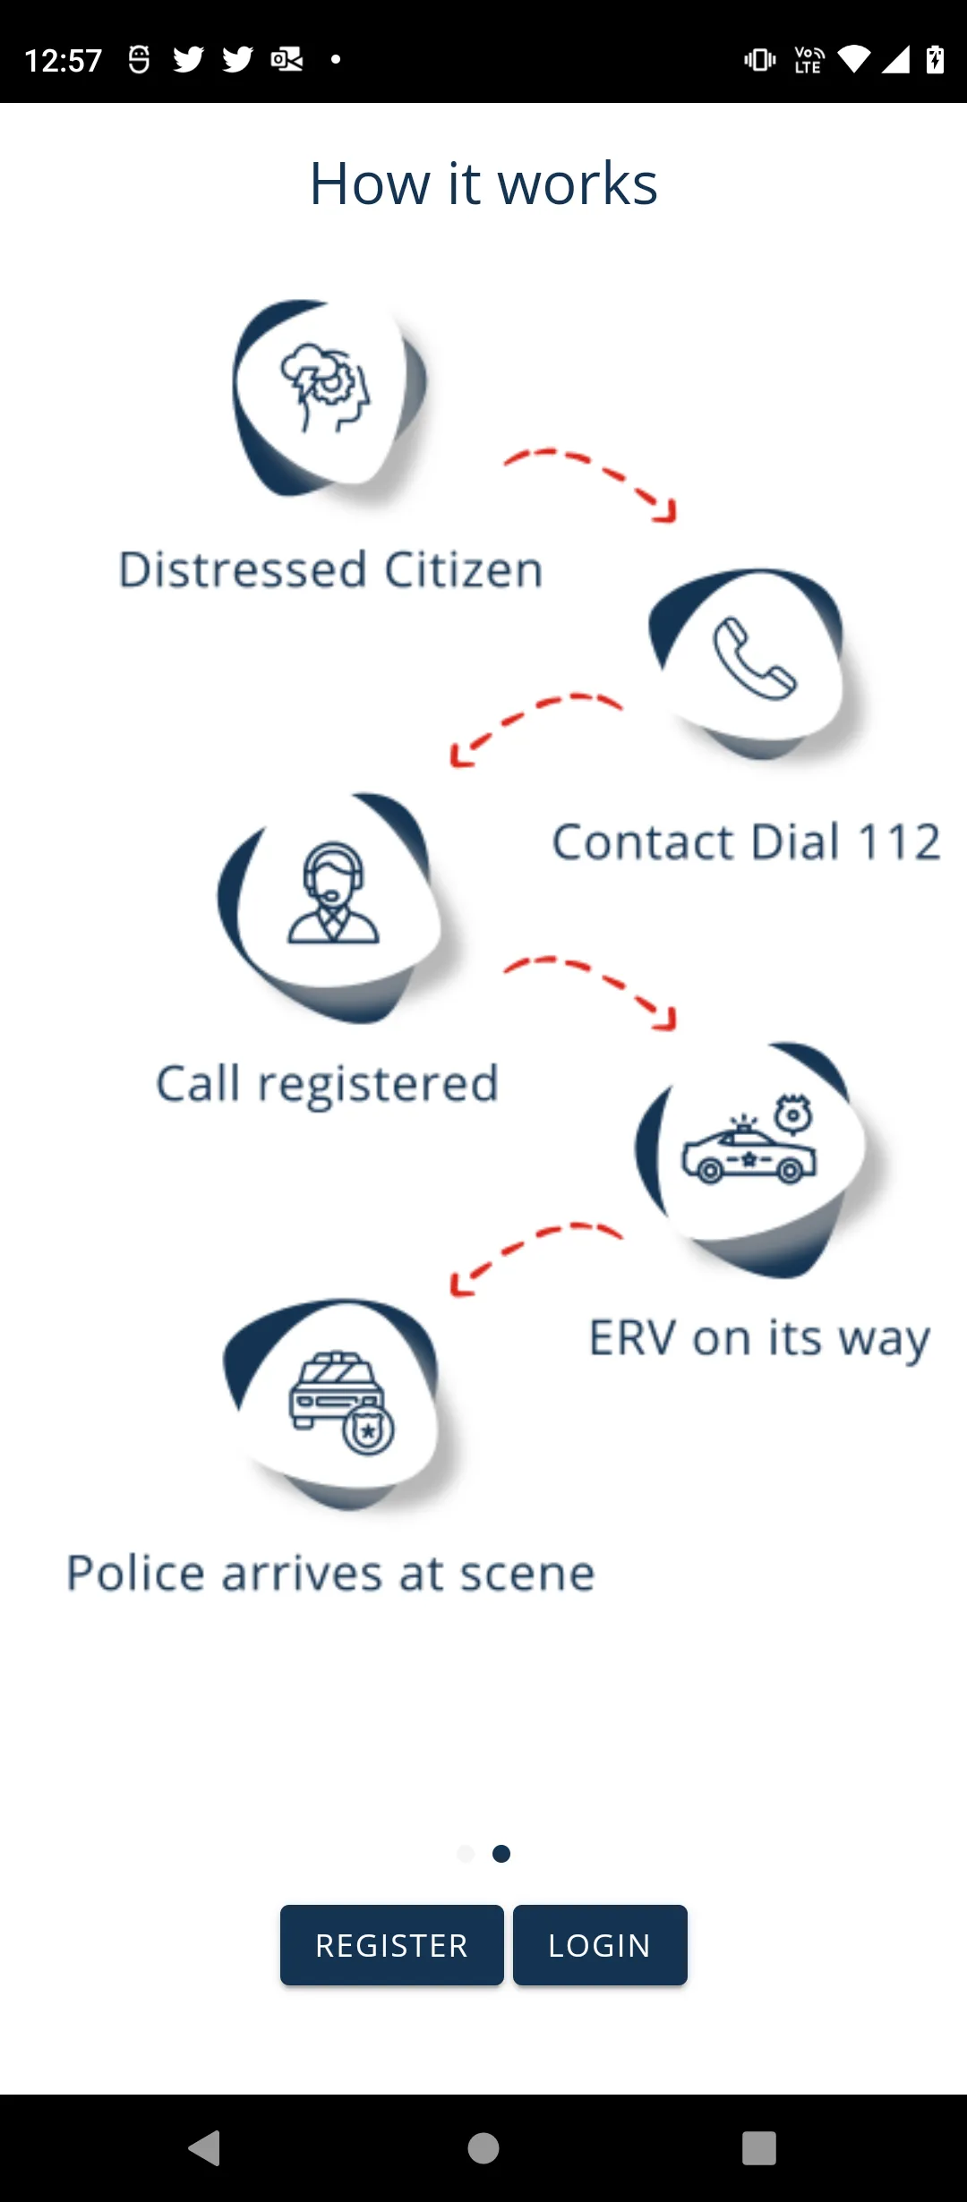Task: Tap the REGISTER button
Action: [391, 1945]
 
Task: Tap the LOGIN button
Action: [600, 1945]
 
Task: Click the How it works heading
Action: [483, 183]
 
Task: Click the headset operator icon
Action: [333, 892]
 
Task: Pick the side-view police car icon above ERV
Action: [749, 1139]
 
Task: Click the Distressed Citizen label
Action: [331, 570]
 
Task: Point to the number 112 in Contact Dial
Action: [899, 842]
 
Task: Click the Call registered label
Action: [327, 1085]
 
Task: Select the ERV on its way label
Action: [759, 1340]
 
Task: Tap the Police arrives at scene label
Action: [331, 1574]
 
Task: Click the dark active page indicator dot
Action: [501, 1853]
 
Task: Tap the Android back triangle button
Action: [205, 2147]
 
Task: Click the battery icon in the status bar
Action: [935, 59]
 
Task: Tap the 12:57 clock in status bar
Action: [64, 60]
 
